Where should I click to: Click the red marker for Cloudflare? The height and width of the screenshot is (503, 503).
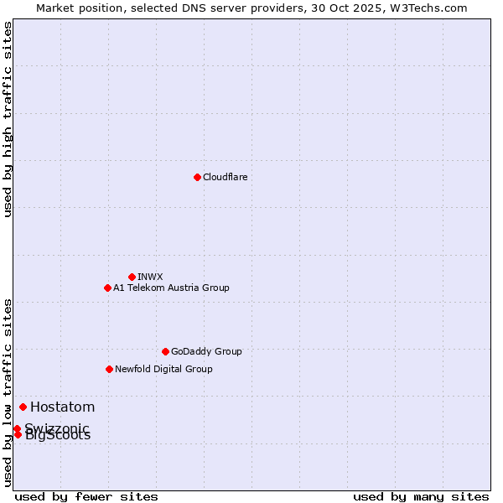coord(197,177)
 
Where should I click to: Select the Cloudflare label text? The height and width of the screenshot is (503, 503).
coord(225,177)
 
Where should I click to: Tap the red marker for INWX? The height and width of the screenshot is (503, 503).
coord(132,277)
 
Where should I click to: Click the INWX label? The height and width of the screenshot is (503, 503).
coord(150,277)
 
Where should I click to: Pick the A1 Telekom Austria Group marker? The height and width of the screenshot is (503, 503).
coord(107,288)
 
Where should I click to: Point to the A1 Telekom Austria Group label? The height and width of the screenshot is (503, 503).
coord(171,288)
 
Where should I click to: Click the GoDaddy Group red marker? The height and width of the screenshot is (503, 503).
coord(165,351)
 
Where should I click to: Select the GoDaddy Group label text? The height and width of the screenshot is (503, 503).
coord(205,351)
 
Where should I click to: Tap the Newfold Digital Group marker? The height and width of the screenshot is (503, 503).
coord(109,369)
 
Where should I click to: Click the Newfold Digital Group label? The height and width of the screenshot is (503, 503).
coord(163,369)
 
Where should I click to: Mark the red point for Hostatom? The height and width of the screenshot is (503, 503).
coord(23,407)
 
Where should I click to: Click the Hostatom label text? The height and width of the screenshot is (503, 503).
coord(62,407)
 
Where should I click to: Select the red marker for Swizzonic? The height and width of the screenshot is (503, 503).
coord(17,428)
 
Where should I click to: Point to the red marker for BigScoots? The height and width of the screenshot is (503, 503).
coord(18,434)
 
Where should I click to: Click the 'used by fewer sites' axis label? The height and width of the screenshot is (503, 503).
coord(86,496)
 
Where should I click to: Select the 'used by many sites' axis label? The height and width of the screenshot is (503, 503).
coord(421,496)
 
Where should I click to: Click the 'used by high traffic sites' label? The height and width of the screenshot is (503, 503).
coord(8,119)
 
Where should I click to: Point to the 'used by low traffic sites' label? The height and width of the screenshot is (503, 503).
coord(8,392)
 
